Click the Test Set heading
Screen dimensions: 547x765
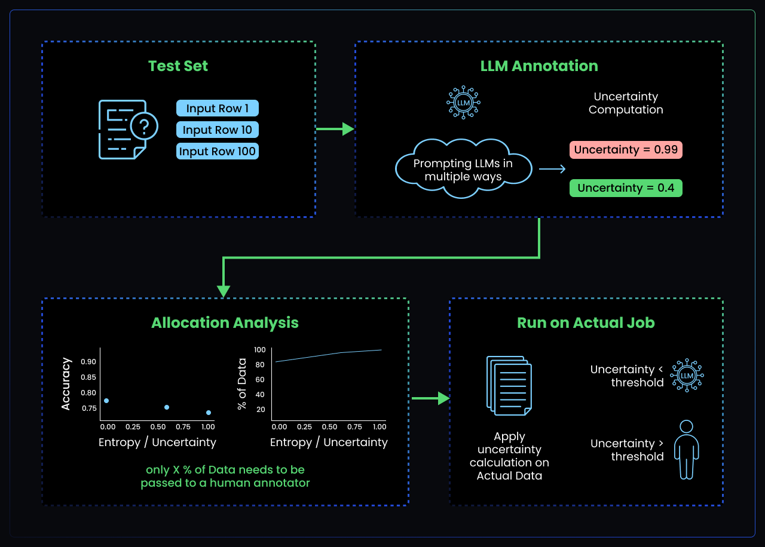[178, 66]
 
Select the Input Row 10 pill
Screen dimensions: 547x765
[218, 130]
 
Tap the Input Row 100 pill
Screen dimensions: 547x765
[218, 151]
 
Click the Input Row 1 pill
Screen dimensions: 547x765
[218, 108]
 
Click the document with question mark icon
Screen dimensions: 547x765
[127, 129]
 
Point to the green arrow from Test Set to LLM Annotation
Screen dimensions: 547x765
[335, 128]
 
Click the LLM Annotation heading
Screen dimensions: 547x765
[539, 66]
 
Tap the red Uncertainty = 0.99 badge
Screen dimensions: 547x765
[626, 150]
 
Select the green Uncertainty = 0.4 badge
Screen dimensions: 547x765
[626, 188]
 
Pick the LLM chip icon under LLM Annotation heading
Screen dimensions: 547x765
[463, 103]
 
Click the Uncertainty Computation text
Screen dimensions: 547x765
[626, 103]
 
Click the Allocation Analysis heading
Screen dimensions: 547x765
[225, 323]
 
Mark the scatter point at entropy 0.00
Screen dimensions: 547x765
[106, 401]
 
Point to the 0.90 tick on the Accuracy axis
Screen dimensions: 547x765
[88, 362]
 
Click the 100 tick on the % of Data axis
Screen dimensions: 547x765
[259, 350]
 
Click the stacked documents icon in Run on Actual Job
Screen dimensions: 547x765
[509, 386]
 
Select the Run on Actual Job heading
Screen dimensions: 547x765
[586, 323]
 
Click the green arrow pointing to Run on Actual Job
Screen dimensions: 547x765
[430, 398]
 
